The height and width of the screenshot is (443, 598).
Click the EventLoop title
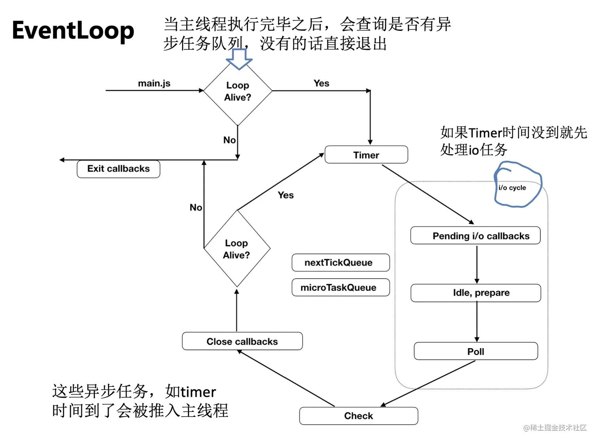[73, 31]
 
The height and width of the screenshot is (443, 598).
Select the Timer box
[366, 155]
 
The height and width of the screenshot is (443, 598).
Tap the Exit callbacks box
[118, 169]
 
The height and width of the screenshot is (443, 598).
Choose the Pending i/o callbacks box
[475, 235]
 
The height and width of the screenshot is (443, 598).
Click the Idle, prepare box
[475, 293]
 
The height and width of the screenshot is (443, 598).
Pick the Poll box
[476, 351]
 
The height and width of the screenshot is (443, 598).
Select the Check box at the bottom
[358, 416]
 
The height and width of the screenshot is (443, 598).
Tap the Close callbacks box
[242, 341]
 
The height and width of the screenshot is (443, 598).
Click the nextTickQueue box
[341, 262]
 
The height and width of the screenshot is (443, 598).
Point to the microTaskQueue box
[341, 287]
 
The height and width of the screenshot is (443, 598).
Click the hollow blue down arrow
[239, 59]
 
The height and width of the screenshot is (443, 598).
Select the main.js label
[154, 83]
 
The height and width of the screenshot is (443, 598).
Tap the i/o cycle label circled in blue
[512, 188]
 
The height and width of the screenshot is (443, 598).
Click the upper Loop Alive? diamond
[238, 91]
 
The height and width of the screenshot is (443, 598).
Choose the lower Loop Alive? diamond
[237, 249]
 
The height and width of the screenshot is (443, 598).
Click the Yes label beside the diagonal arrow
[286, 195]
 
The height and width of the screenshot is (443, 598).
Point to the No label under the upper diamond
[229, 140]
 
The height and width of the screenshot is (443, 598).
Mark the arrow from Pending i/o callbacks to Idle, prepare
[477, 264]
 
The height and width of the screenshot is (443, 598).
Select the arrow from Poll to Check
[428, 383]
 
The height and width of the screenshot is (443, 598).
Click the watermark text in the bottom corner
[554, 428]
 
